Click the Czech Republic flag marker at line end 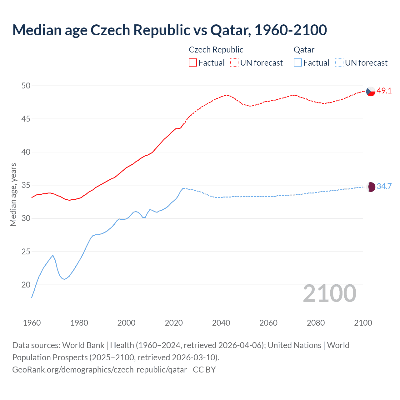pyautogui.click(x=371, y=91)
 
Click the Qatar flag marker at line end pyautogui.click(x=371, y=187)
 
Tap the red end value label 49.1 pyautogui.click(x=384, y=91)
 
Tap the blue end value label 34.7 pyautogui.click(x=384, y=187)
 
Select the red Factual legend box pyautogui.click(x=193, y=62)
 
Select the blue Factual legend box pyautogui.click(x=298, y=62)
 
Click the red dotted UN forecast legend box pyautogui.click(x=234, y=62)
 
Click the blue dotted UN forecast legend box pyautogui.click(x=339, y=62)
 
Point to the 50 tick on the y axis pyautogui.click(x=26, y=86)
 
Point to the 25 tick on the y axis pyautogui.click(x=26, y=252)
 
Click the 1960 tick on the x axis pyautogui.click(x=32, y=323)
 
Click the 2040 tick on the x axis pyautogui.click(x=221, y=323)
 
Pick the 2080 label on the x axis pyautogui.click(x=316, y=323)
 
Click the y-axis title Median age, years pyautogui.click(x=13, y=194)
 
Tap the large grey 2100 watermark pyautogui.click(x=329, y=293)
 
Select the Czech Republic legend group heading pyautogui.click(x=216, y=50)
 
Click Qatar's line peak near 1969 pyautogui.click(x=53, y=255)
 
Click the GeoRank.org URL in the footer pyautogui.click(x=99, y=370)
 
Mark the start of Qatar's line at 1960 pyautogui.click(x=32, y=297)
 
